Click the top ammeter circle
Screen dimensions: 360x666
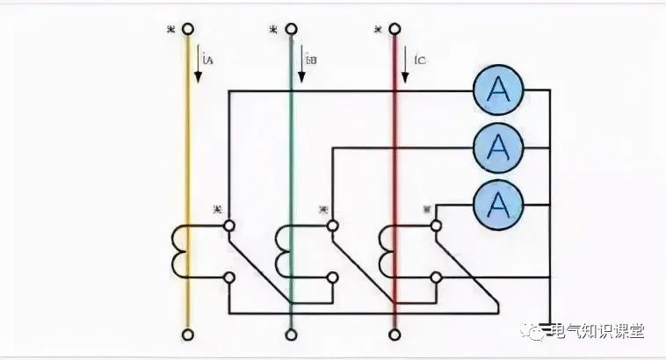click(x=498, y=90)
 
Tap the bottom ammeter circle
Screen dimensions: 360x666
click(x=498, y=204)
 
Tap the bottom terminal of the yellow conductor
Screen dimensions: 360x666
click(x=187, y=334)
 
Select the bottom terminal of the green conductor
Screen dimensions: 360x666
click(x=291, y=334)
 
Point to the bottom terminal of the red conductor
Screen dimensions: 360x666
click(x=394, y=334)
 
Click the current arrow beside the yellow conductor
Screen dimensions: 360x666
click(x=199, y=67)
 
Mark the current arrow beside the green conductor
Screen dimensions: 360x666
click(x=301, y=67)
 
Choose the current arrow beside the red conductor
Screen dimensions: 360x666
click(x=407, y=67)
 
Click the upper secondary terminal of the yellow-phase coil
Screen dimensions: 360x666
click(x=229, y=225)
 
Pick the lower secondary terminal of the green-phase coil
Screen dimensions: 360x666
click(x=332, y=278)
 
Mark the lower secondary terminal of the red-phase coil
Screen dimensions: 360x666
click(x=435, y=278)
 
